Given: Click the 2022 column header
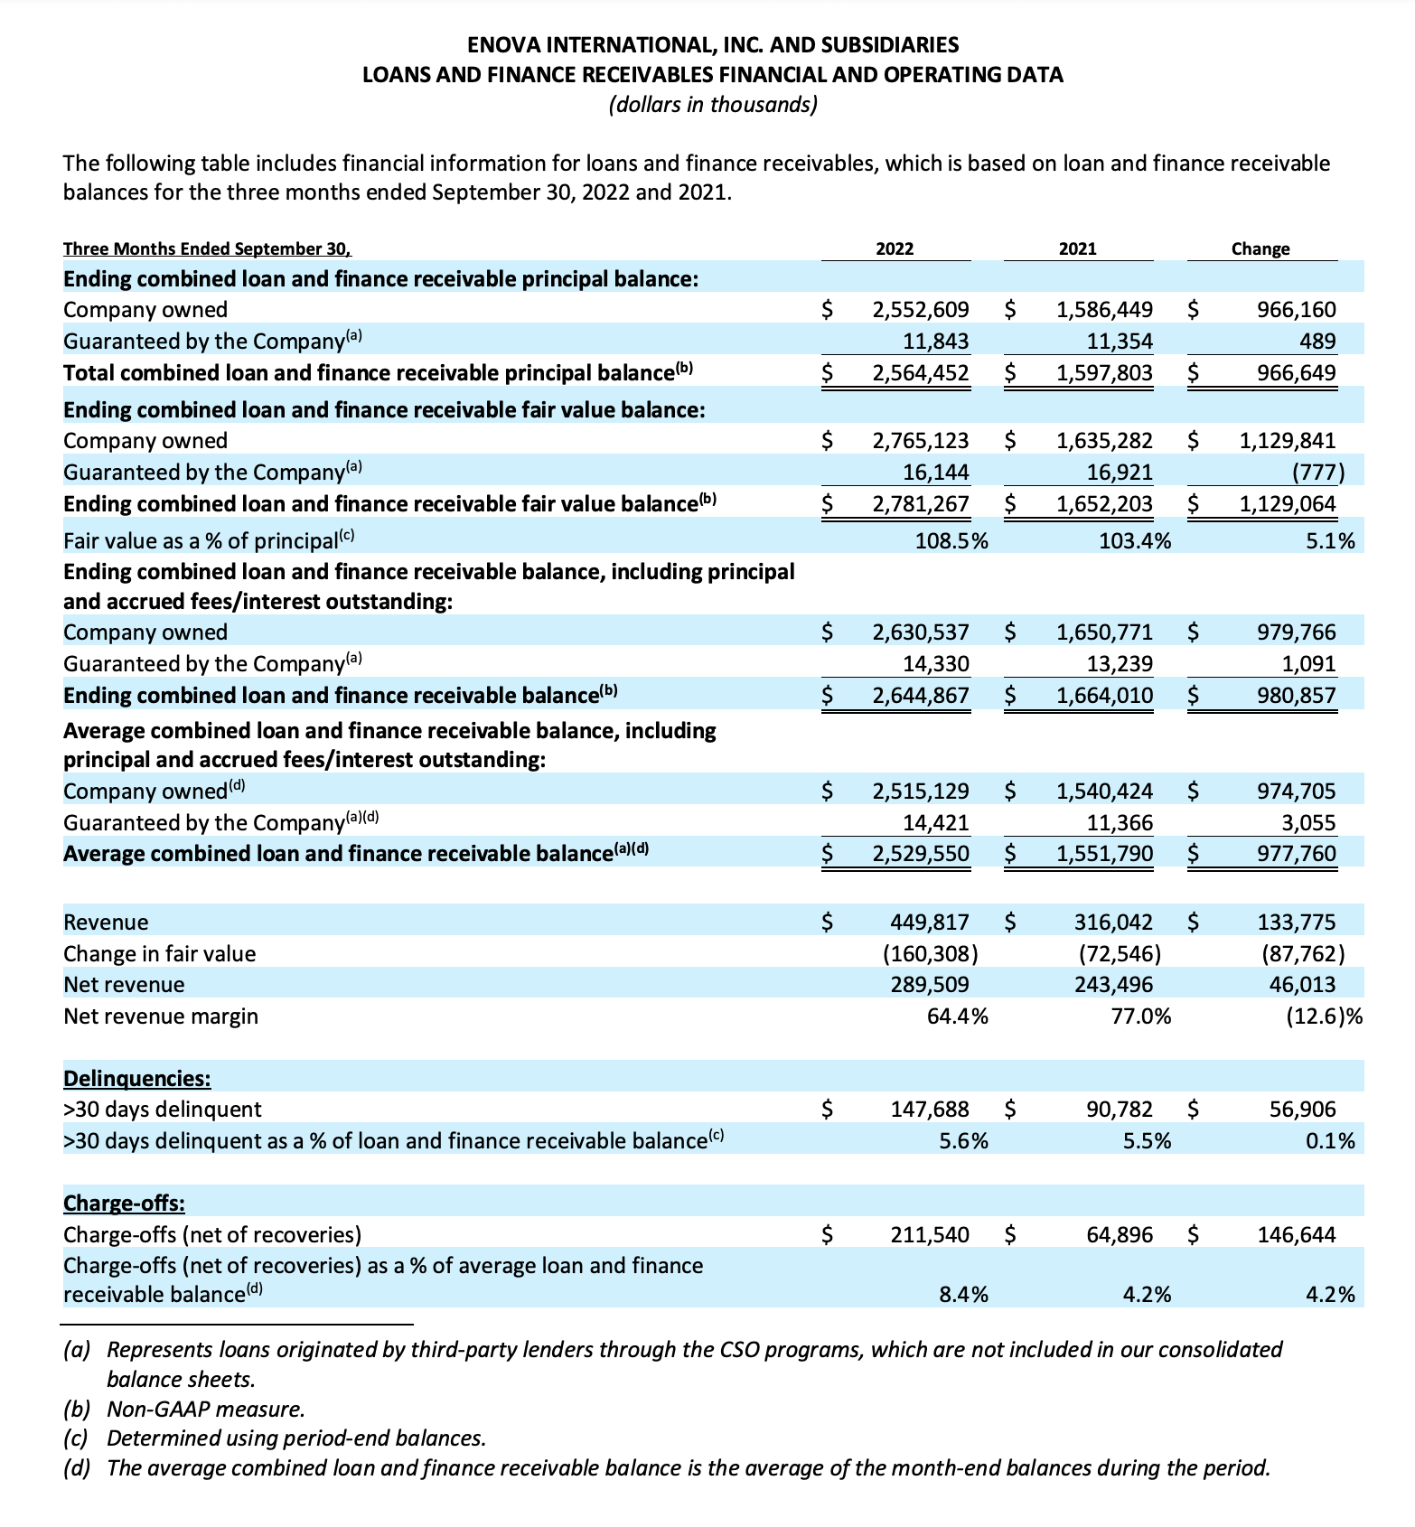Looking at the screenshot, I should (895, 248).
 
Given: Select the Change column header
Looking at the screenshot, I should (1260, 248).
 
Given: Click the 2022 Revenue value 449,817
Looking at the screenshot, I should (930, 923).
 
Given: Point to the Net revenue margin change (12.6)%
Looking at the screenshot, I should (1323, 1016).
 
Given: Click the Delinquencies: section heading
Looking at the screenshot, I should (137, 1078).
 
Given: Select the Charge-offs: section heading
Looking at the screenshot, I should (125, 1204).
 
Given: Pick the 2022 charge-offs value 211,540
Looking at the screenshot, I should (930, 1234).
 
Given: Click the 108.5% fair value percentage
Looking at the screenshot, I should (951, 541).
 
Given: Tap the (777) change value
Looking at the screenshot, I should (1317, 473).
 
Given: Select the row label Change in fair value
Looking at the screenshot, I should (160, 954).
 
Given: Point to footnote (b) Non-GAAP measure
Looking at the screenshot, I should (184, 1409).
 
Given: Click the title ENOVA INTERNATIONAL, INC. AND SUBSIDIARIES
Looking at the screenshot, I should (713, 44).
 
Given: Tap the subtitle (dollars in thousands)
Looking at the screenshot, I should (713, 105).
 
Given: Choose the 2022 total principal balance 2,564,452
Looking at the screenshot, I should (920, 373).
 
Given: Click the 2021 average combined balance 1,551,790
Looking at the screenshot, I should (1104, 854).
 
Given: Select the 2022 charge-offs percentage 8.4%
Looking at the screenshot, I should (964, 1295).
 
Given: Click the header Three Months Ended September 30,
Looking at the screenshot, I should (207, 249).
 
